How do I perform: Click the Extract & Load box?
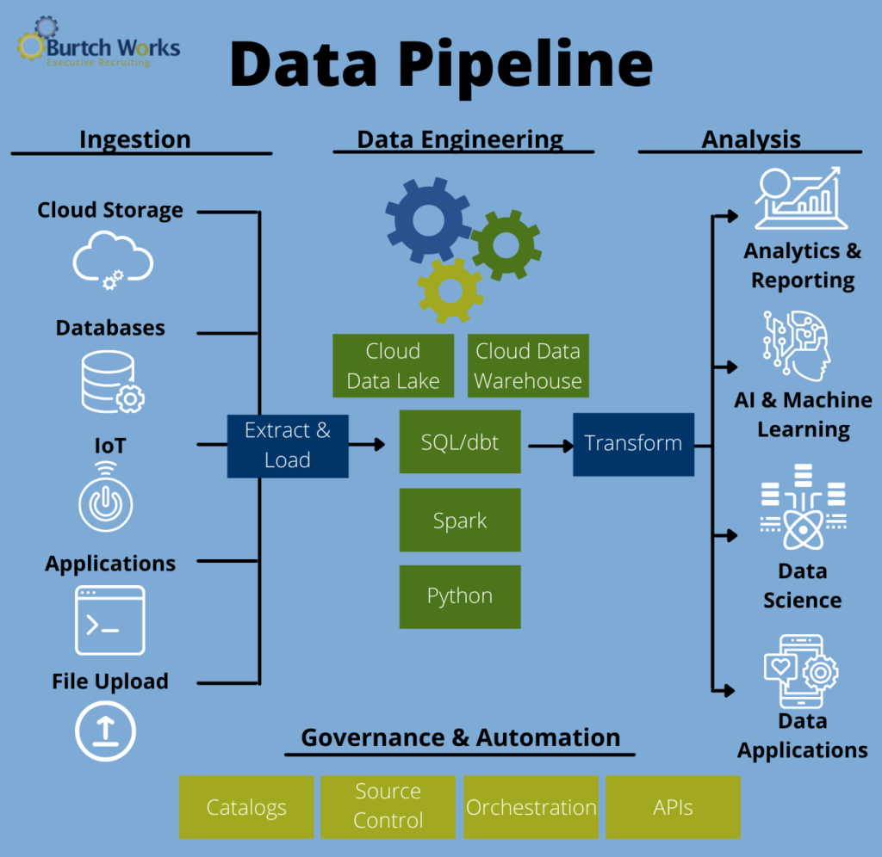[x=288, y=446]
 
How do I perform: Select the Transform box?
[x=633, y=444]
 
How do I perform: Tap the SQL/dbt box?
[x=460, y=442]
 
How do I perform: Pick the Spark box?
[x=460, y=521]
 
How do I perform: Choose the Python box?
[x=460, y=596]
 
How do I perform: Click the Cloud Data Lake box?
[x=394, y=366]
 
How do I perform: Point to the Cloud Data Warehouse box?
[x=528, y=366]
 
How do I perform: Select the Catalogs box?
[x=246, y=807]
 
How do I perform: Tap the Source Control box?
[x=388, y=807]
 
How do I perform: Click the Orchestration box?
[x=531, y=807]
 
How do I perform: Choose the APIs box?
[x=673, y=807]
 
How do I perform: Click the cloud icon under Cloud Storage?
[x=112, y=260]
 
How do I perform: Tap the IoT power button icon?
[x=106, y=500]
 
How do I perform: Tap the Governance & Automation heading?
[x=460, y=737]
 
